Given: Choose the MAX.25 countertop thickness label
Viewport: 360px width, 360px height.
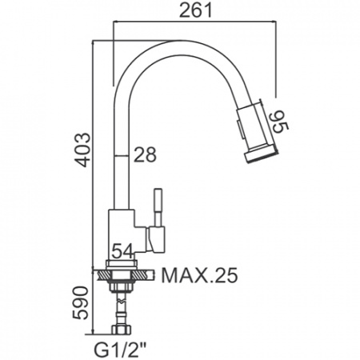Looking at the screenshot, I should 199,277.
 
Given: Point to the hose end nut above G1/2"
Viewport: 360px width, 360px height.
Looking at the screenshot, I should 122,326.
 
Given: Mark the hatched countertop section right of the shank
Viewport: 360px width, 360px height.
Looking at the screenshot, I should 143,274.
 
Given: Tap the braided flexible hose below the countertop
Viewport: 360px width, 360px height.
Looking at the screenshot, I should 122,309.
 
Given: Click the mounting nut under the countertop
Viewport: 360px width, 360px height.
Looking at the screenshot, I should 122,286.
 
